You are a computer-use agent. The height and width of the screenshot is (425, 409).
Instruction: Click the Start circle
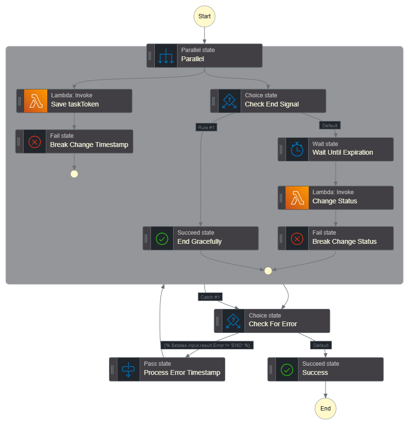pos(204,16)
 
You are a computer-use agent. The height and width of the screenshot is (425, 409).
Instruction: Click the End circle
pos(326,409)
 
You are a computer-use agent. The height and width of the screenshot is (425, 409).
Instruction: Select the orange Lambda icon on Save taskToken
pos(36,101)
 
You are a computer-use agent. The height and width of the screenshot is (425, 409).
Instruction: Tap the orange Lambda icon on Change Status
pos(297,198)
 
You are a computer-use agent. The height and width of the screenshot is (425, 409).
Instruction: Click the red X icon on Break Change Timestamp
pos(35,142)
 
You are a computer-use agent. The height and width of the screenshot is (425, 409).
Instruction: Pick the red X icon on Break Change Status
pos(297,238)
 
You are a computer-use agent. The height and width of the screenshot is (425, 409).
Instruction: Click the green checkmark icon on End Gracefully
pos(162,238)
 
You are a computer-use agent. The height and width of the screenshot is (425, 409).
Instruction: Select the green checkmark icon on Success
pos(287,370)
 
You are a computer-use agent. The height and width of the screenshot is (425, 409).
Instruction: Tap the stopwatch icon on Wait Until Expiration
pos(297,149)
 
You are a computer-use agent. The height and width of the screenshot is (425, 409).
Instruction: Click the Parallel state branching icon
pos(166,55)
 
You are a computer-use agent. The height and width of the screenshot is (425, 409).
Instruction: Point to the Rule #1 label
pos(206,127)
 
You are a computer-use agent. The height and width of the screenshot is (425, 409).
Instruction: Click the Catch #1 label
pos(210,297)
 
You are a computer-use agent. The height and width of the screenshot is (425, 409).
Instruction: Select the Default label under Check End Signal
pos(330,125)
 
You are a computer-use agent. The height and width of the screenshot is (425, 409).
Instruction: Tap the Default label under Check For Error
pos(321,345)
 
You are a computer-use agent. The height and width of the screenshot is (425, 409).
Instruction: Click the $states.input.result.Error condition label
pos(207,345)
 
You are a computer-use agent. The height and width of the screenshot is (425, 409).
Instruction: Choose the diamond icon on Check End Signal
pos(230,101)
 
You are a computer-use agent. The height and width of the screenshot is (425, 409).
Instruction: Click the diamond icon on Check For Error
pos(233,321)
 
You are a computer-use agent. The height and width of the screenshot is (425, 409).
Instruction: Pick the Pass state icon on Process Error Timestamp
pos(128,370)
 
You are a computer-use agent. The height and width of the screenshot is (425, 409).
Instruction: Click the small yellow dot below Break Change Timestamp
pos(74,174)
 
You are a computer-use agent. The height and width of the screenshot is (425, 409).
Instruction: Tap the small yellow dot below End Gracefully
pos(268,271)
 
